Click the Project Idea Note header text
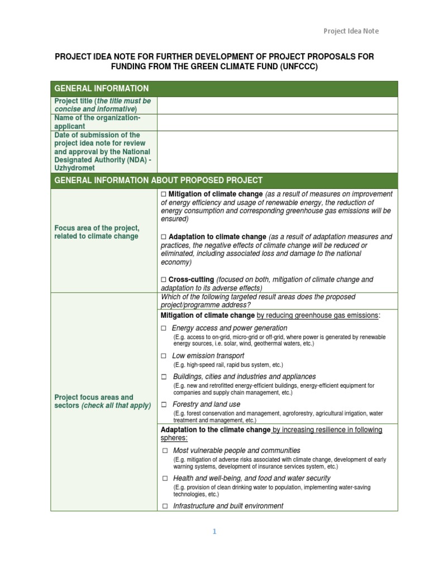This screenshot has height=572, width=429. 351,31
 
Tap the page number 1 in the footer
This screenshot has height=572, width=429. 214,532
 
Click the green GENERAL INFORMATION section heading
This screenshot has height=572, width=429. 101,88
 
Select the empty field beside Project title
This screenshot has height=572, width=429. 277,105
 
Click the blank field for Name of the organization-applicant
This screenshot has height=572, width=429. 277,122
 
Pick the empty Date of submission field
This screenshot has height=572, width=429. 277,151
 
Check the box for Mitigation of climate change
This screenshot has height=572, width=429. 164,194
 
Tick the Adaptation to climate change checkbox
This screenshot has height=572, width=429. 164,237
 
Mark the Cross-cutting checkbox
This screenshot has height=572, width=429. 164,279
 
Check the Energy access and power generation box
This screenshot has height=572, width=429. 164,328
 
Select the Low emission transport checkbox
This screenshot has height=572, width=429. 164,356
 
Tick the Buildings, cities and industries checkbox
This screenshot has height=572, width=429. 164,377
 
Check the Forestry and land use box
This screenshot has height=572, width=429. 164,404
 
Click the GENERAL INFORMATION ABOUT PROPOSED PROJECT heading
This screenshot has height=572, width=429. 158,180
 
